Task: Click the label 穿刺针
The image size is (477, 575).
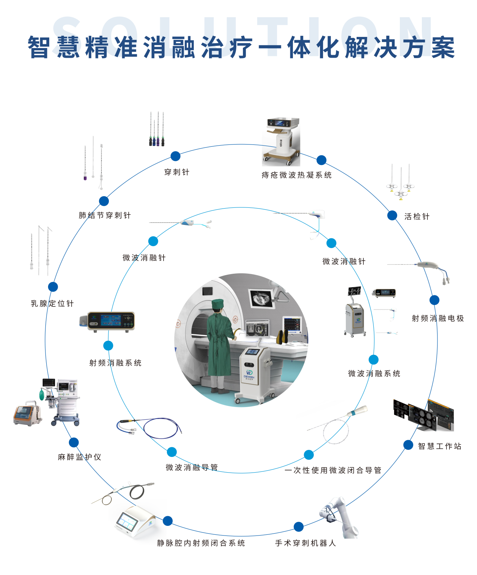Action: point(177,172)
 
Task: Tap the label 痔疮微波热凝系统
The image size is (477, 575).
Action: point(296,175)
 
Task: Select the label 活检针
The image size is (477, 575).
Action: point(417,217)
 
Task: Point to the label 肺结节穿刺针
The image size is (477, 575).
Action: point(105,215)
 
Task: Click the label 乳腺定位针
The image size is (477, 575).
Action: point(53,304)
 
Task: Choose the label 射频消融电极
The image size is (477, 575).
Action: point(438,318)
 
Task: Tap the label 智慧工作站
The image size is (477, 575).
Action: point(440,446)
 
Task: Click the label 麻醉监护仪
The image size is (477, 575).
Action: point(79,457)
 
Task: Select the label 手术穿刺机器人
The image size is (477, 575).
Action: point(306,543)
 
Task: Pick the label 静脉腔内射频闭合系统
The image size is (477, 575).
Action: point(201,543)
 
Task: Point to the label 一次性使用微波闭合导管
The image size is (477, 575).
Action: point(333,470)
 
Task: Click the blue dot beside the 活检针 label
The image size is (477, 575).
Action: point(392,215)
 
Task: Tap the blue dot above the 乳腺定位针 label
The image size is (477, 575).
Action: point(53,287)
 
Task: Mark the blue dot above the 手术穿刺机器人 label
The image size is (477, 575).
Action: point(298,527)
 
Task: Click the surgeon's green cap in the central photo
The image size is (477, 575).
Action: point(218,304)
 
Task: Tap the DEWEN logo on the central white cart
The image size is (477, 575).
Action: point(249,374)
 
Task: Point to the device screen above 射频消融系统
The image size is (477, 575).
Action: point(111,320)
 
